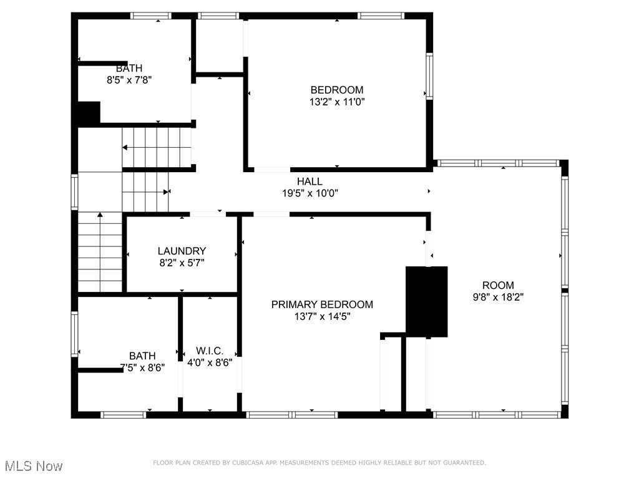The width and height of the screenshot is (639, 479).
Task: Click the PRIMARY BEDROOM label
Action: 322,304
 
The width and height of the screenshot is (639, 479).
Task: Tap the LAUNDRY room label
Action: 182,251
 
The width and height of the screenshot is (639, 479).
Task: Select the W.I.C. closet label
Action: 210,351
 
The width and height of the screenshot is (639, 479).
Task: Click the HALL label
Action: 310,181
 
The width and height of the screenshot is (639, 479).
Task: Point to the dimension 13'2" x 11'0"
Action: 337,102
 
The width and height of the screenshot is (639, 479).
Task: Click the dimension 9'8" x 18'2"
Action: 498,297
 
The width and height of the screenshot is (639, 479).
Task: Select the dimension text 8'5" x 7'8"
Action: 129,80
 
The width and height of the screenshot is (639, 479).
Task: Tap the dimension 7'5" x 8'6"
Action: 142,367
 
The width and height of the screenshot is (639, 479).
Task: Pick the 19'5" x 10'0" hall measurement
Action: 310,193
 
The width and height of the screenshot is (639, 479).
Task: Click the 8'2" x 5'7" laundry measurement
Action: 182,263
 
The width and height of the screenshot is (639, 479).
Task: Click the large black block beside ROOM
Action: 427,302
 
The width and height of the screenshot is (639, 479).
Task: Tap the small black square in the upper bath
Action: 89,112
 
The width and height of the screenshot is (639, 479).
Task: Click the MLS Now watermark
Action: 34,466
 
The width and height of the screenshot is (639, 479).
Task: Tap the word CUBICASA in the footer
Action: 246,463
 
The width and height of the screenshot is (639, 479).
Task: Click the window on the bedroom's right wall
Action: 429,76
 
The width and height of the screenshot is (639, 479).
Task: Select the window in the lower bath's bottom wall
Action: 123,415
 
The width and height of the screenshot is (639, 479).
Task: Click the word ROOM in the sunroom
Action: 498,285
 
